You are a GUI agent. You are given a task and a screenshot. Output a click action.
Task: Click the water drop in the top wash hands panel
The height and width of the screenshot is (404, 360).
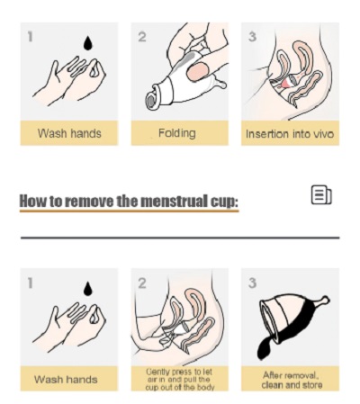click(x=87, y=43)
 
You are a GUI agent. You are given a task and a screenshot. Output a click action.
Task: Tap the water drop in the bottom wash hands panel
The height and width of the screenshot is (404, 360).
click(x=87, y=289)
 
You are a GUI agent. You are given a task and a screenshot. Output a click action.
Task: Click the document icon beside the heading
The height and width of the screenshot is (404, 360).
click(x=321, y=195)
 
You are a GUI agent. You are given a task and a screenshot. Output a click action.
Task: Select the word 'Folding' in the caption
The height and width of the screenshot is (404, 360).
click(x=177, y=133)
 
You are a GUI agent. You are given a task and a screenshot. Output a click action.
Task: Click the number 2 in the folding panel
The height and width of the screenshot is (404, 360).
click(x=142, y=37)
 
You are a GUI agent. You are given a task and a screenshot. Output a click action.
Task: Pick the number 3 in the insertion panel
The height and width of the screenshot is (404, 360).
click(x=253, y=37)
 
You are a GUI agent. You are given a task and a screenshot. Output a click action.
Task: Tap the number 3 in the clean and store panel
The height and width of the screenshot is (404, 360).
click(x=253, y=283)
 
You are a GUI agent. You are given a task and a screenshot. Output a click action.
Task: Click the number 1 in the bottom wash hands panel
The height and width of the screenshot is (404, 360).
click(x=30, y=283)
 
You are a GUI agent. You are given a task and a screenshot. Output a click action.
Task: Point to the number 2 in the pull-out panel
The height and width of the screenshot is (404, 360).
click(x=142, y=283)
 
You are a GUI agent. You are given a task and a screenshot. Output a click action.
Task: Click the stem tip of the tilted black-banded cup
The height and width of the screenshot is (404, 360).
click(x=326, y=299)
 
